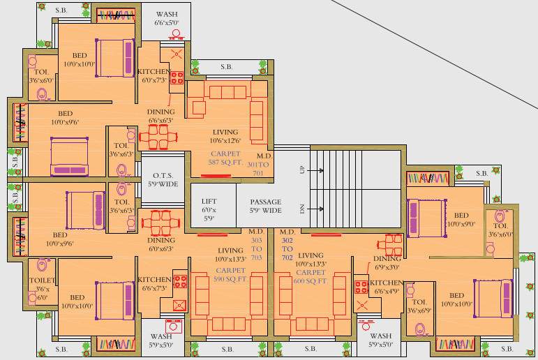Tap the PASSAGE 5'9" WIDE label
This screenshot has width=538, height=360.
coord(265,206)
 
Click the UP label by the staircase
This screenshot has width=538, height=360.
coord(302,170)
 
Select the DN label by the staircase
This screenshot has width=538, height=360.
coord(302,209)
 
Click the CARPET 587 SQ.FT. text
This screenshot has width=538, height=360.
coord(225,158)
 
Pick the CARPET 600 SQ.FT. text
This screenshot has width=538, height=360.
coord(311,276)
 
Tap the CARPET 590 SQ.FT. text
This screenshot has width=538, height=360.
coord(231,274)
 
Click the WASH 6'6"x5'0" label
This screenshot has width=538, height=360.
coord(166,18)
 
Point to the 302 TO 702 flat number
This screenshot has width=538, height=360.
coord(287,247)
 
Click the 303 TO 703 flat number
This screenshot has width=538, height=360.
coord(257,248)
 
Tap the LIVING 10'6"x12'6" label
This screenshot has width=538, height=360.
coord(225,136)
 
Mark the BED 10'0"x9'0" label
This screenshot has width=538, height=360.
coord(461,220)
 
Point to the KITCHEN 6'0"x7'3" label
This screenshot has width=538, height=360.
coord(154,76)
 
